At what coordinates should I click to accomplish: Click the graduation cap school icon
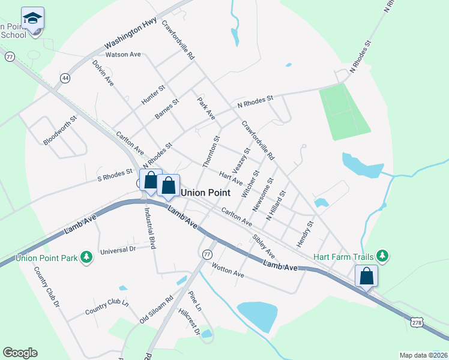32,18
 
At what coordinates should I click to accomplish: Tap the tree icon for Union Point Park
88,257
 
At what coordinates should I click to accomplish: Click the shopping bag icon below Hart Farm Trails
366,277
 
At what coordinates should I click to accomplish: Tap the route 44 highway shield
64,78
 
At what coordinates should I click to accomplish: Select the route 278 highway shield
417,323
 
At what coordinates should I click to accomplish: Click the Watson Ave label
122,55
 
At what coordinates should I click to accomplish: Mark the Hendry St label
305,234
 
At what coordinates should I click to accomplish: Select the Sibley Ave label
263,246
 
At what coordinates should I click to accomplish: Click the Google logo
20,353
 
